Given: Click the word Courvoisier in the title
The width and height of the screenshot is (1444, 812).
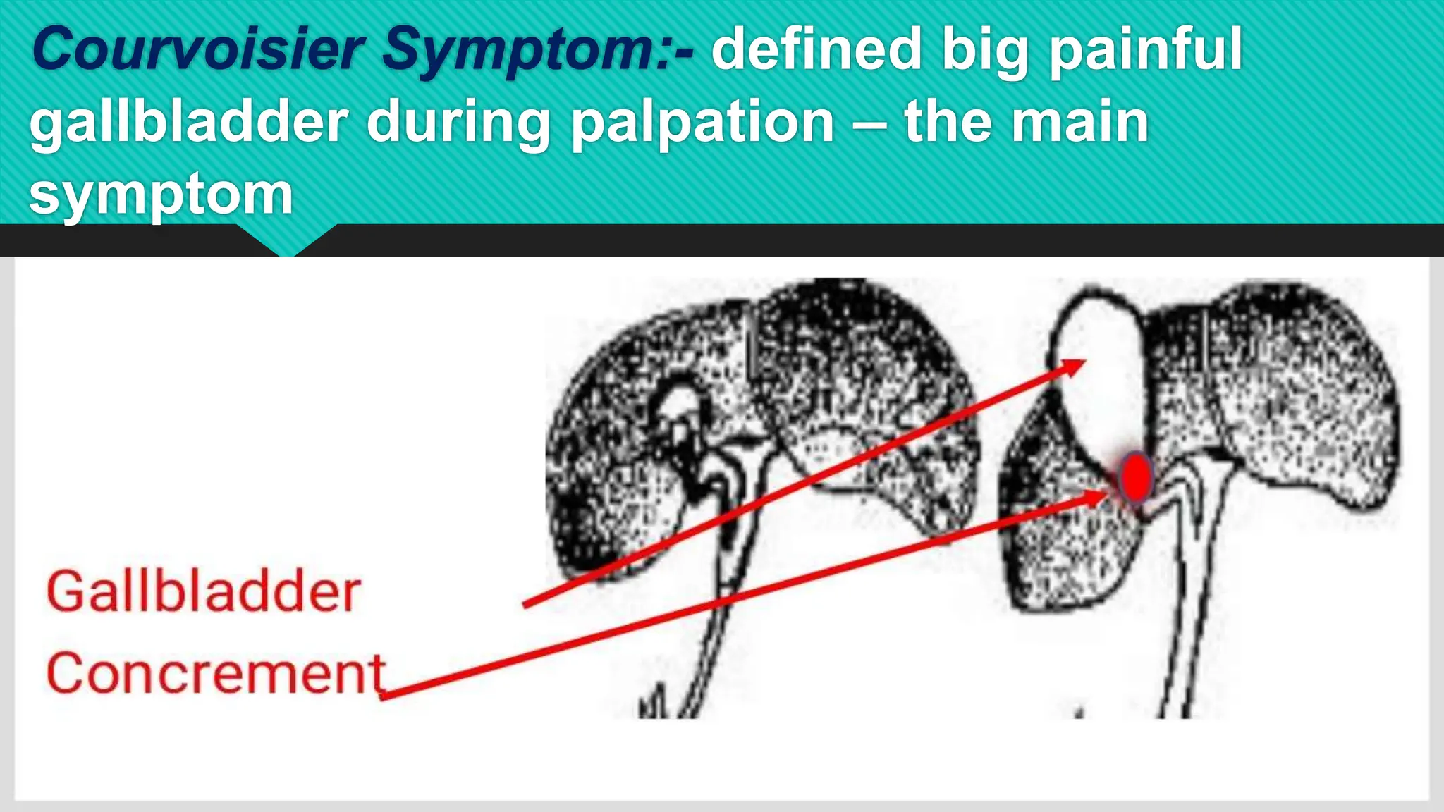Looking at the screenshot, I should pyautogui.click(x=197, y=49).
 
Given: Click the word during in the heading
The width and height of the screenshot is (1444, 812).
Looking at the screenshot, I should pyautogui.click(x=458, y=124).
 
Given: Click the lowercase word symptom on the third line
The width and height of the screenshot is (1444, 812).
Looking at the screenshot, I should pyautogui.click(x=161, y=196).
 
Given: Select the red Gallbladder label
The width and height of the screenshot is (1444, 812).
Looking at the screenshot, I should pyautogui.click(x=204, y=592).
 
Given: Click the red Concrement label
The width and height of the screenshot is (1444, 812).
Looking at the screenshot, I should pyautogui.click(x=216, y=673).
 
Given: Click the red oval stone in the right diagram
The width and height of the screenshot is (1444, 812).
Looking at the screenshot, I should pyautogui.click(x=1135, y=477).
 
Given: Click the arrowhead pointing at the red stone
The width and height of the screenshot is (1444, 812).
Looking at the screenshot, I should pyautogui.click(x=1096, y=498).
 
